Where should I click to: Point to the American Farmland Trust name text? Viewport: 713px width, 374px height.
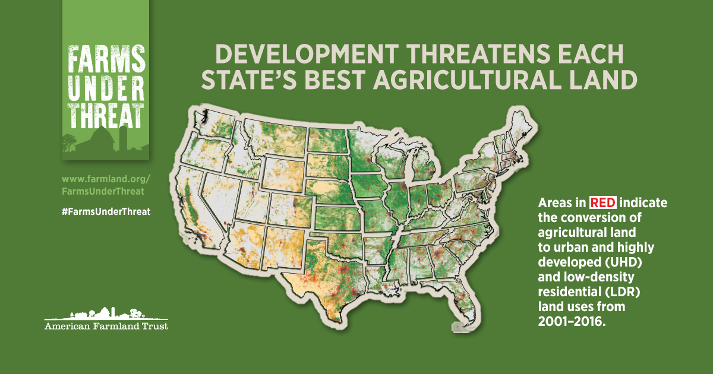pyautogui.click(x=106, y=327)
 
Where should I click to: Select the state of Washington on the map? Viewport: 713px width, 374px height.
pyautogui.click(x=214, y=128)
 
